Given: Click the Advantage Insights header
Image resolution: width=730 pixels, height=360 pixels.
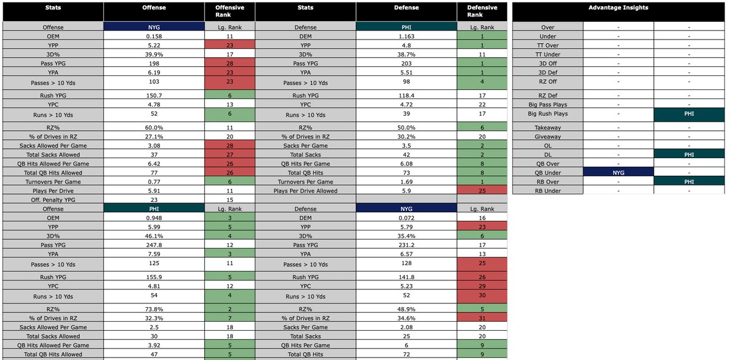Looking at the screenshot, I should click(618, 8).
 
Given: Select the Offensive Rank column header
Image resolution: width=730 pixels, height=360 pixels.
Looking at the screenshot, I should click(229, 12).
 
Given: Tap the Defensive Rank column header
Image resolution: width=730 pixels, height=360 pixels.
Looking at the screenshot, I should click(482, 12).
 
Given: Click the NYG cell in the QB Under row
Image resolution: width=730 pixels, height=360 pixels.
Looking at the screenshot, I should click(618, 172).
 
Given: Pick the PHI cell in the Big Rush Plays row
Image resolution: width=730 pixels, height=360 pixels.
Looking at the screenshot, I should click(689, 114).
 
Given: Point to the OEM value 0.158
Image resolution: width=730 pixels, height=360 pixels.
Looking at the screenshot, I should click(153, 36).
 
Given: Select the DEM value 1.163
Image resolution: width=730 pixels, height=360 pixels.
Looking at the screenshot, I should click(406, 36).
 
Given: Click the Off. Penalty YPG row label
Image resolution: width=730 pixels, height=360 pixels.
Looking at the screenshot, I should click(52, 199).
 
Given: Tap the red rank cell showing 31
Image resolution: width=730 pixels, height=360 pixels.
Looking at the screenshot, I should click(482, 318).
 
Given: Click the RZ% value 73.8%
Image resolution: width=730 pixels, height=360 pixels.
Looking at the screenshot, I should click(153, 309).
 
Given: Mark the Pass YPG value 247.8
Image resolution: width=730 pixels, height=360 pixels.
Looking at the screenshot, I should click(153, 244).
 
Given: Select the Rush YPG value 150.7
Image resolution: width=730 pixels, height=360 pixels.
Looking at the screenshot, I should click(153, 95).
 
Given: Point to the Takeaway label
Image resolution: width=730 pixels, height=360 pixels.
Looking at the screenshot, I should click(547, 128).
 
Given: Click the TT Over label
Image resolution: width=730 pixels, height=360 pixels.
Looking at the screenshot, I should click(547, 45).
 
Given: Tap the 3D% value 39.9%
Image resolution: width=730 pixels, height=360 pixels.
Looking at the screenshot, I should click(153, 54).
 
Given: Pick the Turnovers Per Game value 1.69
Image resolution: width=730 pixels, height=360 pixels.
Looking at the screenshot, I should click(406, 181).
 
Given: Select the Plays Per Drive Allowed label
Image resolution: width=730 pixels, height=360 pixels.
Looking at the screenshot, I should click(305, 190).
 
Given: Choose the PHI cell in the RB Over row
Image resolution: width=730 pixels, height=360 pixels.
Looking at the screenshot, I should click(689, 181).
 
